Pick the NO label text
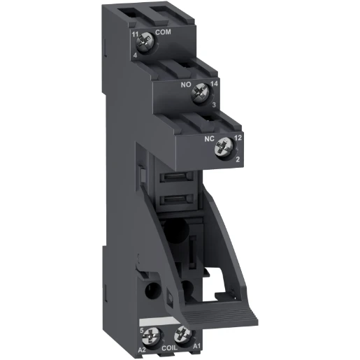point(187,83)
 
